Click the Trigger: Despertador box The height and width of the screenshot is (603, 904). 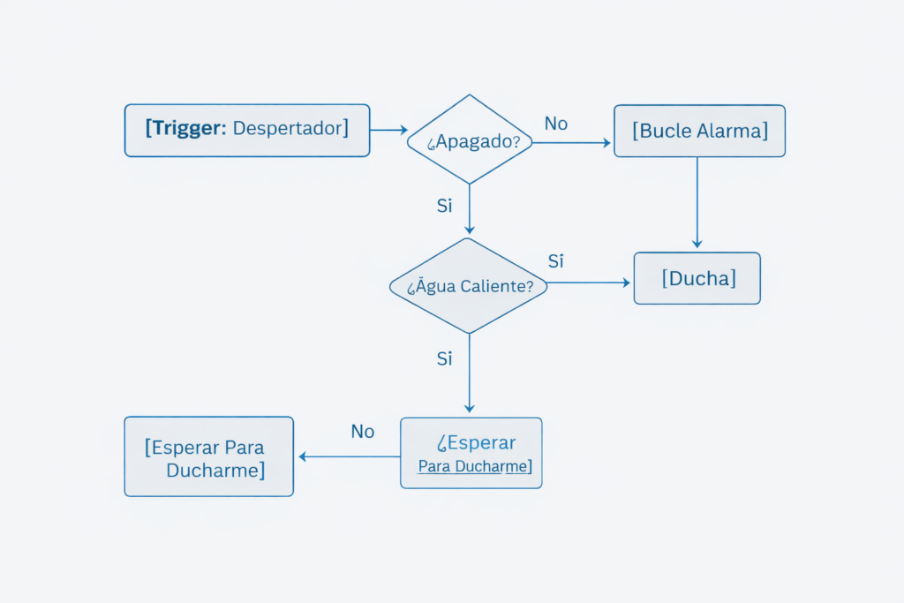point(246,131)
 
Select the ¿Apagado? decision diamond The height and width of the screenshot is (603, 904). point(469,139)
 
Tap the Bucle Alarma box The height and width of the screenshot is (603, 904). point(699,132)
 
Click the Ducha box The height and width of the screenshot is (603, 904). point(697,279)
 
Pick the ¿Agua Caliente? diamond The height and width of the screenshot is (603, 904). point(469,286)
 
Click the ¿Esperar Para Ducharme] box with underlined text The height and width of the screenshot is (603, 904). point(471,453)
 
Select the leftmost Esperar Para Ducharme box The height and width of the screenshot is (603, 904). point(208,456)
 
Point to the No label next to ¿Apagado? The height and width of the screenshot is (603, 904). point(555,124)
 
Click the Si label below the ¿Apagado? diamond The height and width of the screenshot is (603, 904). point(445,206)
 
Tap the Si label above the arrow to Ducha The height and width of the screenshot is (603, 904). point(556,261)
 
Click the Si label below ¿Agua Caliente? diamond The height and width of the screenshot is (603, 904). point(445,358)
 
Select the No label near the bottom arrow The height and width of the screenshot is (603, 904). point(363,432)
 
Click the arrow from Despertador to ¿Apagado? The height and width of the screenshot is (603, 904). point(388,130)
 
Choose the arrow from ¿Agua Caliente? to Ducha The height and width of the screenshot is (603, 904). point(589,283)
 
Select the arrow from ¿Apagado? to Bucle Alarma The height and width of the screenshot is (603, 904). point(572,143)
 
